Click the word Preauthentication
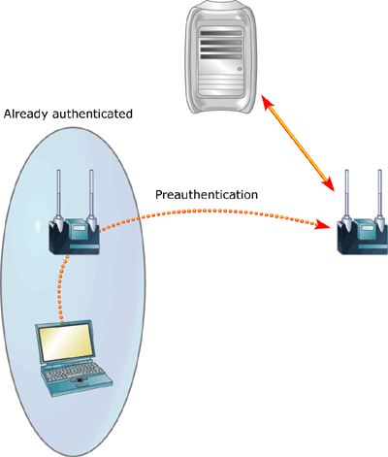tap(207, 195)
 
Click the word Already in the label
tap(25, 114)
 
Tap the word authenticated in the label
tap(92, 114)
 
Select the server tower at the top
tap(222, 56)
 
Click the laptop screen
tap(67, 343)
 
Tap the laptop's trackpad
tap(80, 379)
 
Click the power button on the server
tap(240, 69)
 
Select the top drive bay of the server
tap(221, 33)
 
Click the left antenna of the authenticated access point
tap(58, 198)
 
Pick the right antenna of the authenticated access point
tap(91, 198)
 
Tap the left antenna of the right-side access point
tap(346, 198)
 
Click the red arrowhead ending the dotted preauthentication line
tap(323, 224)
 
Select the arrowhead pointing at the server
tap(268, 102)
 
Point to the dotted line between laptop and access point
tap(60, 286)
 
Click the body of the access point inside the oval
tap(75, 237)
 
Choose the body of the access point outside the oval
tap(363, 237)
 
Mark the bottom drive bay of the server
tap(221, 56)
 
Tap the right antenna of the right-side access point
tap(379, 198)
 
